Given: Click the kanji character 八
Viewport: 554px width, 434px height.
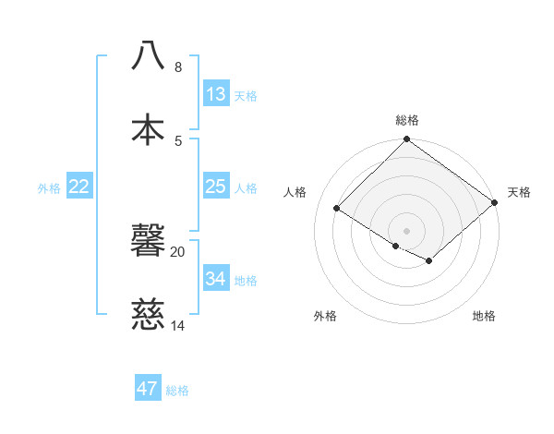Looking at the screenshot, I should point(149,55).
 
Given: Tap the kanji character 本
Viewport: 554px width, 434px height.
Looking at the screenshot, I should point(149,128).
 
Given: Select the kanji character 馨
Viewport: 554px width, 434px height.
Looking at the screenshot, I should point(149,241).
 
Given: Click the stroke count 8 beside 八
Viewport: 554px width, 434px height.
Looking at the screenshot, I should point(178,67).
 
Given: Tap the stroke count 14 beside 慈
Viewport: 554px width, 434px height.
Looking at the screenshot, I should point(178,325).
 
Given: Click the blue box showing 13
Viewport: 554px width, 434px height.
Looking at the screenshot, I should point(216,94).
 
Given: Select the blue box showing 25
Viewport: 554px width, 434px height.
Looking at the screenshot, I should point(216,187).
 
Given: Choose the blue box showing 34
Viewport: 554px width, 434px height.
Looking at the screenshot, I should point(216,278).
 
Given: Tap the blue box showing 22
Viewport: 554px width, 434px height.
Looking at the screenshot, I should point(79,187).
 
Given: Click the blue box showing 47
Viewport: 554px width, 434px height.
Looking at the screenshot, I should point(148,389).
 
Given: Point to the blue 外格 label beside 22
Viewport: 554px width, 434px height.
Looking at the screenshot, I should point(49,188).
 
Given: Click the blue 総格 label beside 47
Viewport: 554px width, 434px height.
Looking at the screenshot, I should point(177,391).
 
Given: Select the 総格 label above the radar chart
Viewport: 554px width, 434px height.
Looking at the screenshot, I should point(407,120).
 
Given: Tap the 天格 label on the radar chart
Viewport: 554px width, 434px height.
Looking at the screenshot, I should point(519,192).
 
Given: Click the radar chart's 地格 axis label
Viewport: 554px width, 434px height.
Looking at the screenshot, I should point(484,316).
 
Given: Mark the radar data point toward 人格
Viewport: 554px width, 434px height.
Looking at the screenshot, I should point(337,209).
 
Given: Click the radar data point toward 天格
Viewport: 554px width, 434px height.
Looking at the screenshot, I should point(495,203).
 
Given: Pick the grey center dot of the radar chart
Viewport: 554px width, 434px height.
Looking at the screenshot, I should point(407,230).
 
